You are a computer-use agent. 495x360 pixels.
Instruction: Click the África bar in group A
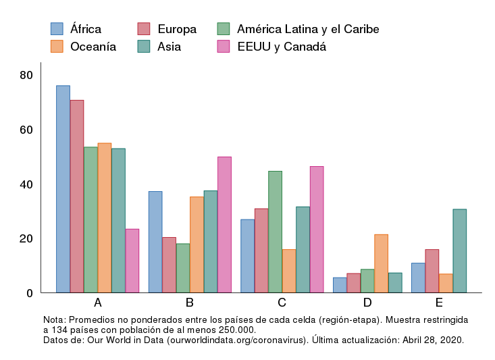coord(63,189)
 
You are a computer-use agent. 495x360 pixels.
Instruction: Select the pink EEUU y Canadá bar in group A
coord(132,261)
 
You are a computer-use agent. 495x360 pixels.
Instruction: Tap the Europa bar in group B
coord(169,265)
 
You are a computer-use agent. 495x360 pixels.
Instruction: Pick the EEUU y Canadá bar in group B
coord(224,225)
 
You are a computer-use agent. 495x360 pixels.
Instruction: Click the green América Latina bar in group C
coord(275,232)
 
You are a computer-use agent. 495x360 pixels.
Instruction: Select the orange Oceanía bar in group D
coord(381,263)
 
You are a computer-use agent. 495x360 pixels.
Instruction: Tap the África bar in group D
coord(340,285)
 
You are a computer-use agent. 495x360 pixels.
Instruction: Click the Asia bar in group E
coord(459,251)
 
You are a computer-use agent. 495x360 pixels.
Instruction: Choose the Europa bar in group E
coord(432,271)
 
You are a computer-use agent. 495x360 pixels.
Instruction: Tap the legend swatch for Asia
coord(143,47)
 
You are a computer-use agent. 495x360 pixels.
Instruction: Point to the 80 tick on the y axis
coord(26,75)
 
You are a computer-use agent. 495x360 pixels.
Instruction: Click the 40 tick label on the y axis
coord(26,184)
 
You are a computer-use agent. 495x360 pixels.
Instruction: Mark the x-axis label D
coord(367,302)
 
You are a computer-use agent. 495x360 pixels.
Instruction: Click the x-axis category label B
coord(190,302)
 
